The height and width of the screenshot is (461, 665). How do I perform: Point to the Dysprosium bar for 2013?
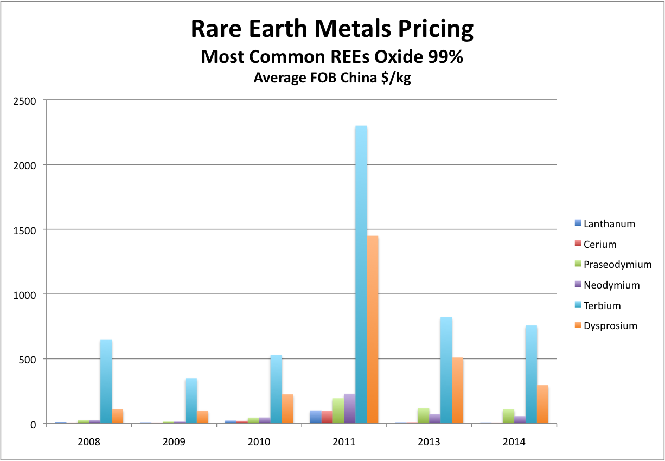pos(457,390)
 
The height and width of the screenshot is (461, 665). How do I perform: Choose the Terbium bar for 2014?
pos(531,374)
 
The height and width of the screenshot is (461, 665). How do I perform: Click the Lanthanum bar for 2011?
pos(316,417)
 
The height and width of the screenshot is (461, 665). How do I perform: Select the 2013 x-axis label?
pos(429,441)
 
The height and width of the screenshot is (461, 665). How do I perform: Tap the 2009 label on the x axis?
pos(174,441)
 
